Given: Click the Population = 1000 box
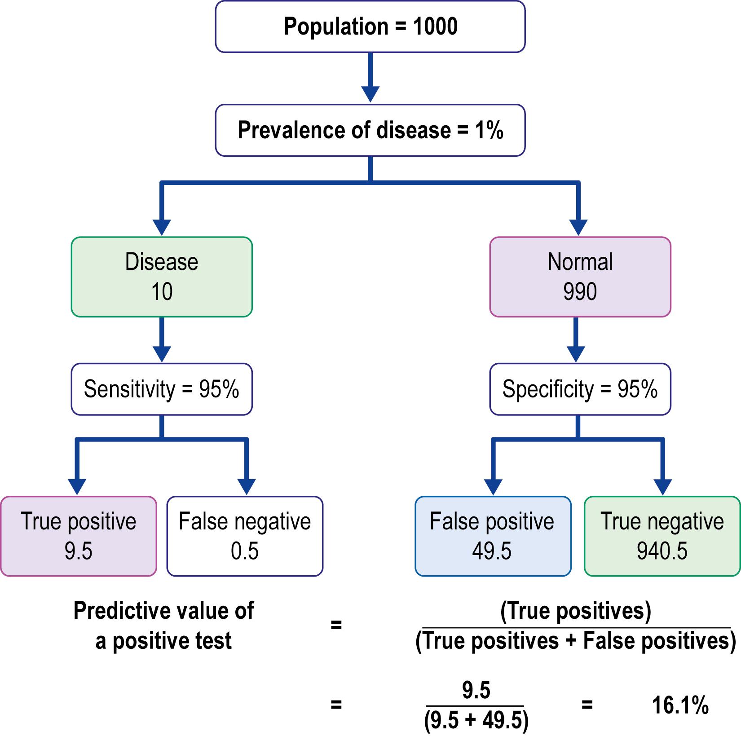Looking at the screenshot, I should pyautogui.click(x=370, y=26).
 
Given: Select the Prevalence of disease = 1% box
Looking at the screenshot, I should pyautogui.click(x=370, y=130).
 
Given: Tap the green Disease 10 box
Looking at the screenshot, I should pyautogui.click(x=162, y=277).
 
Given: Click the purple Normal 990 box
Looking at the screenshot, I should pyautogui.click(x=580, y=277).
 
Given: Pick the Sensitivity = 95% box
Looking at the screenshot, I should pyautogui.click(x=162, y=389).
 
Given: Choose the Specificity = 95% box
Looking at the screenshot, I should pyautogui.click(x=580, y=389).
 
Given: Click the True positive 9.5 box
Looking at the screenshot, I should pyautogui.click(x=78, y=536).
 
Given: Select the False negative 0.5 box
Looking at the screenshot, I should pyautogui.click(x=245, y=536).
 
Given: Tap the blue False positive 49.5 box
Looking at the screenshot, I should pyautogui.click(x=493, y=536).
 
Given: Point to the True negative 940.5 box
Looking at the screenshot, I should pyautogui.click(x=662, y=536).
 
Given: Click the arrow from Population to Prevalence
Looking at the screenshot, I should pyautogui.click(x=370, y=76).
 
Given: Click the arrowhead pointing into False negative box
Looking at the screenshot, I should pyautogui.click(x=246, y=486).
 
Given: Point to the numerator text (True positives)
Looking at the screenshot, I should pyautogui.click(x=576, y=611).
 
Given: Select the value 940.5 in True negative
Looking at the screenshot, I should pyautogui.click(x=662, y=551).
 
